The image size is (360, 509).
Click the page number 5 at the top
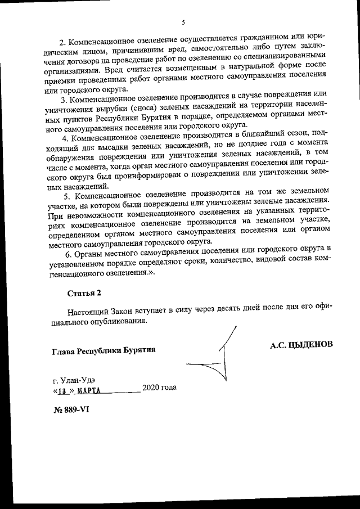click(x=183, y=22)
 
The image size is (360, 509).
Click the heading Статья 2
click(x=84, y=293)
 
